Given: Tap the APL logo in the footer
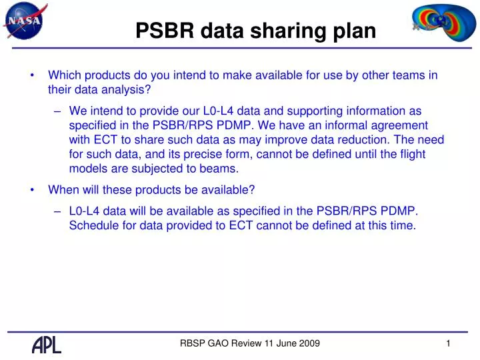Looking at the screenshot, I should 47,344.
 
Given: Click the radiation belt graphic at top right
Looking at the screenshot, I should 438,23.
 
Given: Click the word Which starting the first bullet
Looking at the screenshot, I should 65,75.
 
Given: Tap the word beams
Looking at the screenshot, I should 223,169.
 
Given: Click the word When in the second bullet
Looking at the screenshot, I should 63,189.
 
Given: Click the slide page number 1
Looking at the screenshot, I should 449,343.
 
